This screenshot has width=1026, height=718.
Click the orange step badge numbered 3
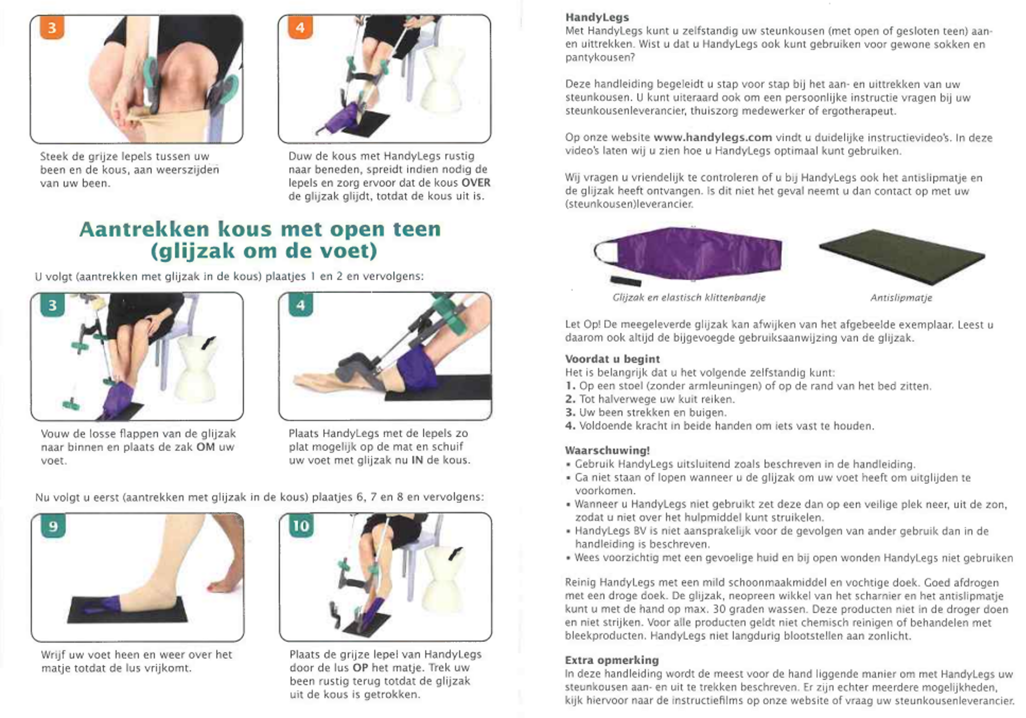52,28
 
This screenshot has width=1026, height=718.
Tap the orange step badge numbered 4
300,27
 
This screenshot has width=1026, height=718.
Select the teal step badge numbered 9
53,526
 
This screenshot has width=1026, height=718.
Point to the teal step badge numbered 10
301,526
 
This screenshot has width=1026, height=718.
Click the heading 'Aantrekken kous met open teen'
260,229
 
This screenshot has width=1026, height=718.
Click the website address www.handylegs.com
713,138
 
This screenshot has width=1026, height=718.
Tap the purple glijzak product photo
688,254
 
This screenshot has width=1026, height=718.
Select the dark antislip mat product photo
902,257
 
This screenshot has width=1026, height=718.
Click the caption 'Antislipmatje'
901,298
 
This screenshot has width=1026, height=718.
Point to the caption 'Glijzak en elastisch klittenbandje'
688,298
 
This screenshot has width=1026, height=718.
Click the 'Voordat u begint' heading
612,359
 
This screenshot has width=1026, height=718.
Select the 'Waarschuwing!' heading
607,451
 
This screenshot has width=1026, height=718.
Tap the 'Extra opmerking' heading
611,660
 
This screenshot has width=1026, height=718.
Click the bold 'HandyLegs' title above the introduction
597,17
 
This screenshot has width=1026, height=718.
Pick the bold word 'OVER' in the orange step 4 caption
476,183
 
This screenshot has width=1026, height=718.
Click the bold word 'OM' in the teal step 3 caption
205,447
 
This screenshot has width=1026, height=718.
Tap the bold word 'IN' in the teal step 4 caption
417,460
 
